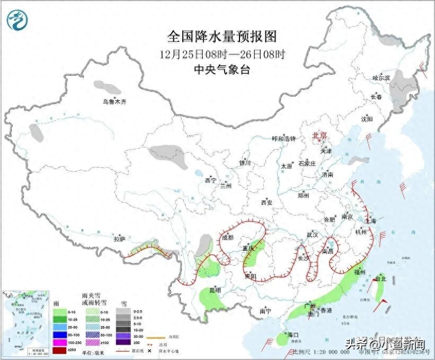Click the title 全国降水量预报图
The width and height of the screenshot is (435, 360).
pos(222,37)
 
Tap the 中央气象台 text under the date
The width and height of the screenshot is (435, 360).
pos(222,69)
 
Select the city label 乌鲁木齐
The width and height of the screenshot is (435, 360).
pos(115,102)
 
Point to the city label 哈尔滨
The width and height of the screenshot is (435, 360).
pos(381,78)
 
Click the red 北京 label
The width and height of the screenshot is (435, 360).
pos(320,136)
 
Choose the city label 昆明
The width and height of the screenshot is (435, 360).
pos(215,291)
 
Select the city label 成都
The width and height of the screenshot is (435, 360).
pos(227,238)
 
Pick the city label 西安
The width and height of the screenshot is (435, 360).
pos(267,203)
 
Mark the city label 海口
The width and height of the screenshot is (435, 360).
pos(294,335)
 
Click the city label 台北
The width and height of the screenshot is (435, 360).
pos(381,278)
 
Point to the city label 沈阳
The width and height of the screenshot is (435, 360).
pos(367,119)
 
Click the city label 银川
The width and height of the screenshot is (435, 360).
pos(244,163)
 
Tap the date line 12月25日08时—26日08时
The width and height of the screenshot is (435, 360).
pos(222,54)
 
